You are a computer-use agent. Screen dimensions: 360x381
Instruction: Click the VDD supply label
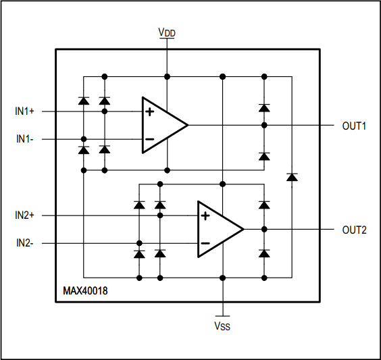pyautogui.click(x=167, y=32)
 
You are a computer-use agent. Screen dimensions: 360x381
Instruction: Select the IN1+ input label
pyautogui.click(x=29, y=111)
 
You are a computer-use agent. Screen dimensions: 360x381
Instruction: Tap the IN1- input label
pyautogui.click(x=29, y=138)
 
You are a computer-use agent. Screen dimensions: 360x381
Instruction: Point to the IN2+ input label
pyautogui.click(x=29, y=215)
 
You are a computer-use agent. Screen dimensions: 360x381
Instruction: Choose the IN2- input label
pyautogui.click(x=29, y=242)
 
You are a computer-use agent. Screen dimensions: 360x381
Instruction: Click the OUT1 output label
pyautogui.click(x=354, y=125)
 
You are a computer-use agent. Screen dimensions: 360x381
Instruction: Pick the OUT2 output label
pyautogui.click(x=354, y=230)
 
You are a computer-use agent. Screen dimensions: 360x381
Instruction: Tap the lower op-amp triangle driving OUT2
pyautogui.click(x=216, y=230)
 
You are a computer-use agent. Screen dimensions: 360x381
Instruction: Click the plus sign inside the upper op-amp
pyautogui.click(x=149, y=111)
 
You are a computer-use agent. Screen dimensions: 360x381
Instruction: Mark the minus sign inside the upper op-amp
pyautogui.click(x=149, y=139)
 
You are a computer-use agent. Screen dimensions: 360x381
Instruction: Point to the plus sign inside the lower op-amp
pyautogui.click(x=205, y=216)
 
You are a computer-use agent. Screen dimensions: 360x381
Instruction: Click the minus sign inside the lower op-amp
pyautogui.click(x=205, y=243)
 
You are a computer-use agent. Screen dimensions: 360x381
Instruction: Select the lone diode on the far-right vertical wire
pyautogui.click(x=292, y=177)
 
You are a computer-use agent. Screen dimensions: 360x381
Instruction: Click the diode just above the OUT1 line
pyautogui.click(x=264, y=107)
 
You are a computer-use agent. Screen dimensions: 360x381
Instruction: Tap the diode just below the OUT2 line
pyautogui.click(x=264, y=253)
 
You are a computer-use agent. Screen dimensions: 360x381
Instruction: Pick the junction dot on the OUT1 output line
pyautogui.click(x=264, y=125)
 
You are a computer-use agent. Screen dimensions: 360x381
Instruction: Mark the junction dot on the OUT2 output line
pyautogui.click(x=264, y=230)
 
